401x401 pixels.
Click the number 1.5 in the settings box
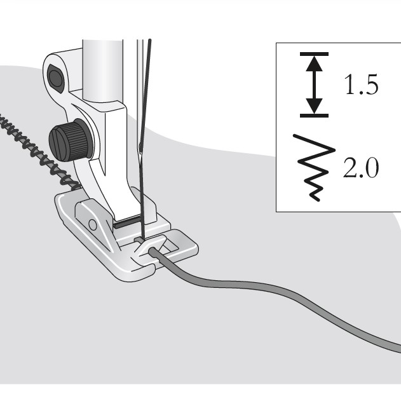coord(361,85)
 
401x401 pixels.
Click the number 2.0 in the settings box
coord(361,168)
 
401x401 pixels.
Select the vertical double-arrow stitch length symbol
coord(313,85)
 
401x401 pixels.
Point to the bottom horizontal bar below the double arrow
coord(313,115)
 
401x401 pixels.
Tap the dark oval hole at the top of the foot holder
coord(56,78)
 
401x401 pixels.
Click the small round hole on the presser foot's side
coord(93,224)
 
